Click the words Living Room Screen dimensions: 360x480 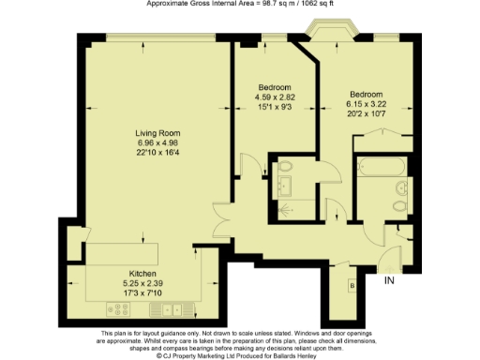coord(157,132)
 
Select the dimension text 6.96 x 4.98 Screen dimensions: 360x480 coord(157,142)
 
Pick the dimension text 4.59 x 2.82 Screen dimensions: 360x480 coord(276,97)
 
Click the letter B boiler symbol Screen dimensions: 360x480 coord(352,286)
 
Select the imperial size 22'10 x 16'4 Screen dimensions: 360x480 coord(157,152)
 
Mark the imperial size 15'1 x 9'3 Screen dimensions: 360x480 coord(276,106)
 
